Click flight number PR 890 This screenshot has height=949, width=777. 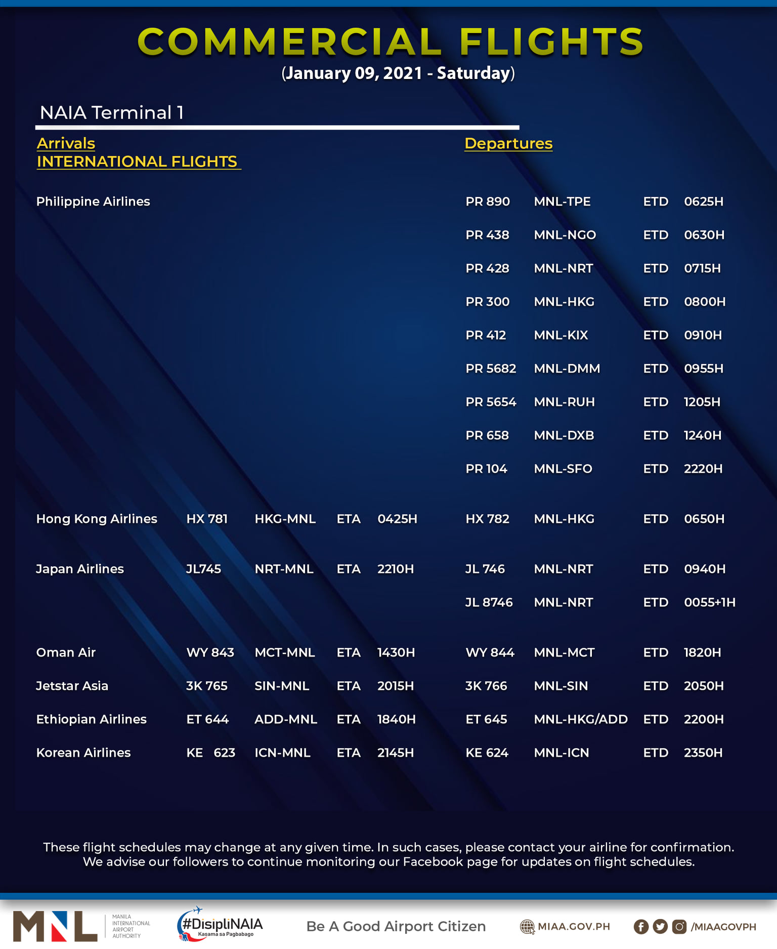pos(487,201)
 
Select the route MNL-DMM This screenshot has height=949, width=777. pos(567,368)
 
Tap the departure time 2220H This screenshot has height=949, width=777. pos(703,469)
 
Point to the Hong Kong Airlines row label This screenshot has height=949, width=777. pos(97,519)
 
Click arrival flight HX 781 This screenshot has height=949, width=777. pos(207,519)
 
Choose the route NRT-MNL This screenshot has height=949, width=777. pos(284,569)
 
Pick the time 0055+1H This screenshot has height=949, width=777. pos(709,602)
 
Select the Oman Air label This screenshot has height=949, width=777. pos(66,652)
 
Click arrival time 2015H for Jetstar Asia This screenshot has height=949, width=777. pos(395,686)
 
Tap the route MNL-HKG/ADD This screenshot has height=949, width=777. pos(580,719)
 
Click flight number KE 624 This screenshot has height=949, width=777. pos(487,753)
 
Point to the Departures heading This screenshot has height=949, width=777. pos(508,143)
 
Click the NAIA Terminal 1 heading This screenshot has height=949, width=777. pos(111,112)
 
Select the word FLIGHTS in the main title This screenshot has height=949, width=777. pos(551,42)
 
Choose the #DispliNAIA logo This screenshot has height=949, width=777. pos(220,925)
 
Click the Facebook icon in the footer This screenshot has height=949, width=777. pos(640,927)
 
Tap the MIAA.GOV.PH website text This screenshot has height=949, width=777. pos(573,926)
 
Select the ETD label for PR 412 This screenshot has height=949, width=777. pos(656,335)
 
